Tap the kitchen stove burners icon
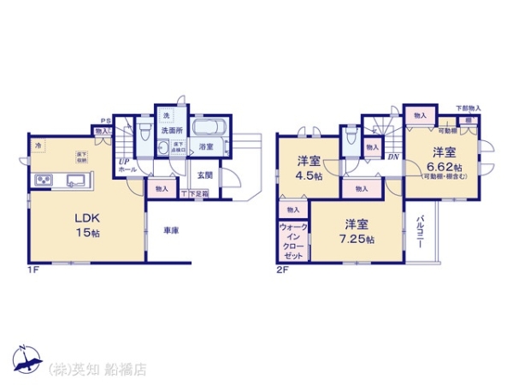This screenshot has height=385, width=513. point(42,180)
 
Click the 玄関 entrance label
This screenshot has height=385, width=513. point(205,175)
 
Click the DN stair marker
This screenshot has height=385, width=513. point(393,157)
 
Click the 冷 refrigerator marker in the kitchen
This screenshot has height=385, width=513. point(38,146)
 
